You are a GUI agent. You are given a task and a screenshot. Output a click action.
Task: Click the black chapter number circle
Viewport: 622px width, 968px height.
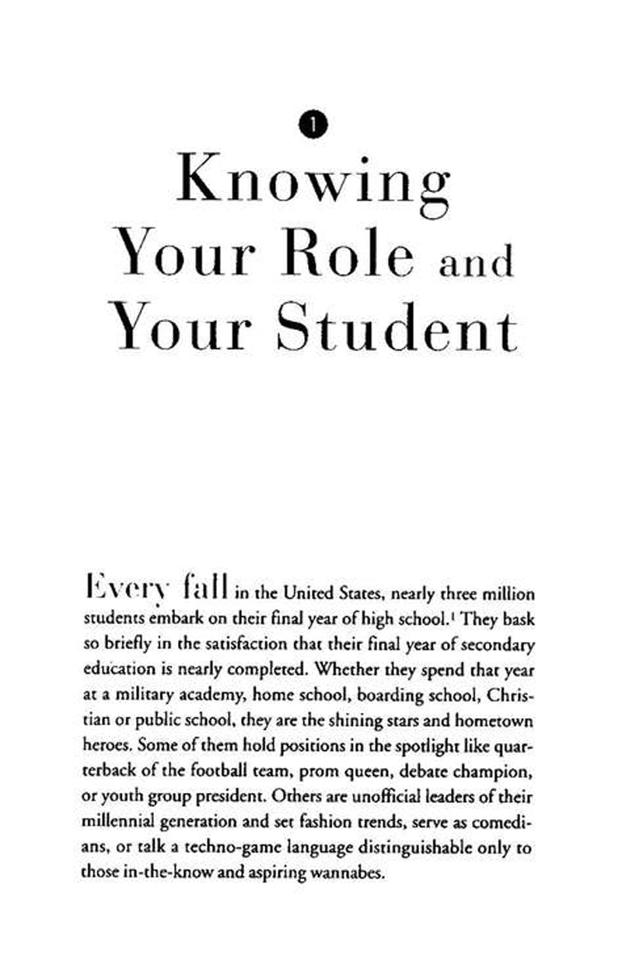313,123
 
